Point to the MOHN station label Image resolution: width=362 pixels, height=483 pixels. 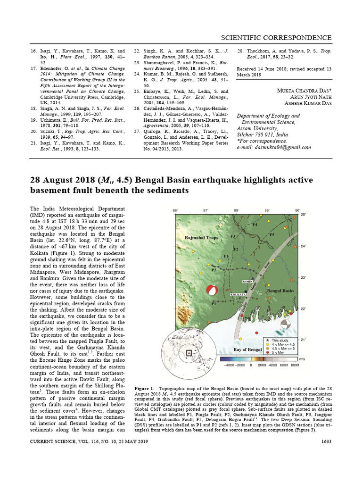point(248,281)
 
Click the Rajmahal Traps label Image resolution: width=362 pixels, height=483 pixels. point(201,238)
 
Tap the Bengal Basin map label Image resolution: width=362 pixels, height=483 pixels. point(280,291)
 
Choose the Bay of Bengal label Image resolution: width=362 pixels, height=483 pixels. point(247,350)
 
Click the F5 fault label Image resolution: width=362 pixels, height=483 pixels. point(271,234)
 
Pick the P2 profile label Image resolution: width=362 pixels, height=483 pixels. point(214,270)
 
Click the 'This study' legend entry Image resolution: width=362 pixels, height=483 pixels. point(281,340)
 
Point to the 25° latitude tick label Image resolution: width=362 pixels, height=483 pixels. point(304,215)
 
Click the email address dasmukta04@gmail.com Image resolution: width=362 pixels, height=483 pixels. point(274,147)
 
